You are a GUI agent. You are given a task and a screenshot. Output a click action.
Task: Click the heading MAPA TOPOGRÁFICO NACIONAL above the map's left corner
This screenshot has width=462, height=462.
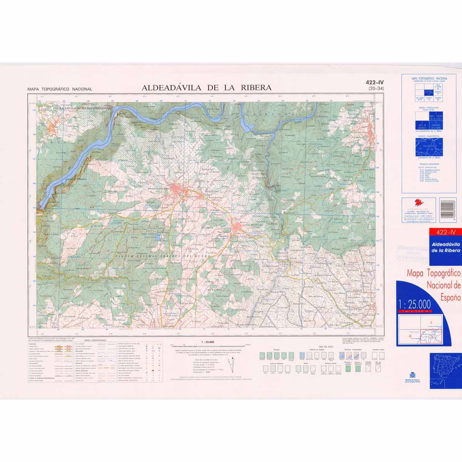pos(60,89)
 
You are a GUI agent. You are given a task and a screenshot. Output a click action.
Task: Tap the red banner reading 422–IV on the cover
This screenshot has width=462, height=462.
pos(444,232)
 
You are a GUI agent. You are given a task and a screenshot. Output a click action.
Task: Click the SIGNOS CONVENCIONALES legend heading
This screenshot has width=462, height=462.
pos(95,340)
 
